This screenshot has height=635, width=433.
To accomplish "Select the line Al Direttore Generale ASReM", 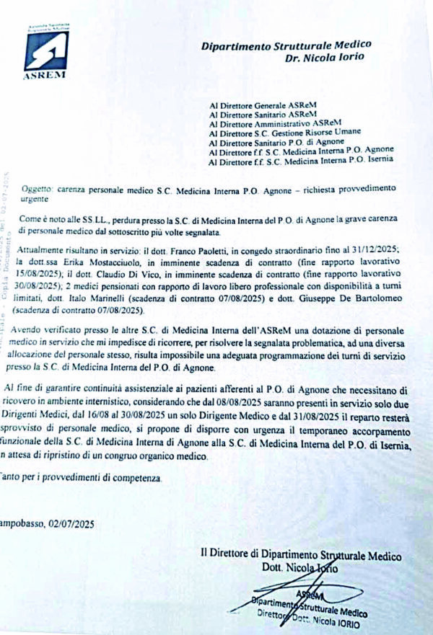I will (x=262, y=105).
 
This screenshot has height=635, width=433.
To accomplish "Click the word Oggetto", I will (x=37, y=187).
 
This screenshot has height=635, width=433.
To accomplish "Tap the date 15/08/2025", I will (x=45, y=270).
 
